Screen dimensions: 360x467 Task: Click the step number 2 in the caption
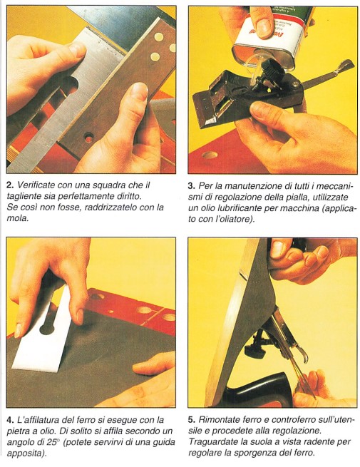pyautogui.click(x=10, y=185)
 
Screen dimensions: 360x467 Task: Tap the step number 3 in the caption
pyautogui.click(x=192, y=186)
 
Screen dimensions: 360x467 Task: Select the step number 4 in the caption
pyautogui.click(x=10, y=420)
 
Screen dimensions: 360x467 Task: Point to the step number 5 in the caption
pyautogui.click(x=192, y=420)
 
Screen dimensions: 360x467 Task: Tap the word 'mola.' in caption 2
pyautogui.click(x=18, y=219)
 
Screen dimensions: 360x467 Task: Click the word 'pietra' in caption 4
pyautogui.click(x=16, y=431)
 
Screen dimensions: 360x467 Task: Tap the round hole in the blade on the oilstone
pyautogui.click(x=47, y=329)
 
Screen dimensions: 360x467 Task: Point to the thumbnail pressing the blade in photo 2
pyautogui.click(x=139, y=90)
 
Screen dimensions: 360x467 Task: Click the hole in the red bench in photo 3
pyautogui.click(x=210, y=155)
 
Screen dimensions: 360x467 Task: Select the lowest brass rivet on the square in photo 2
pyautogui.click(x=155, y=56)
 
